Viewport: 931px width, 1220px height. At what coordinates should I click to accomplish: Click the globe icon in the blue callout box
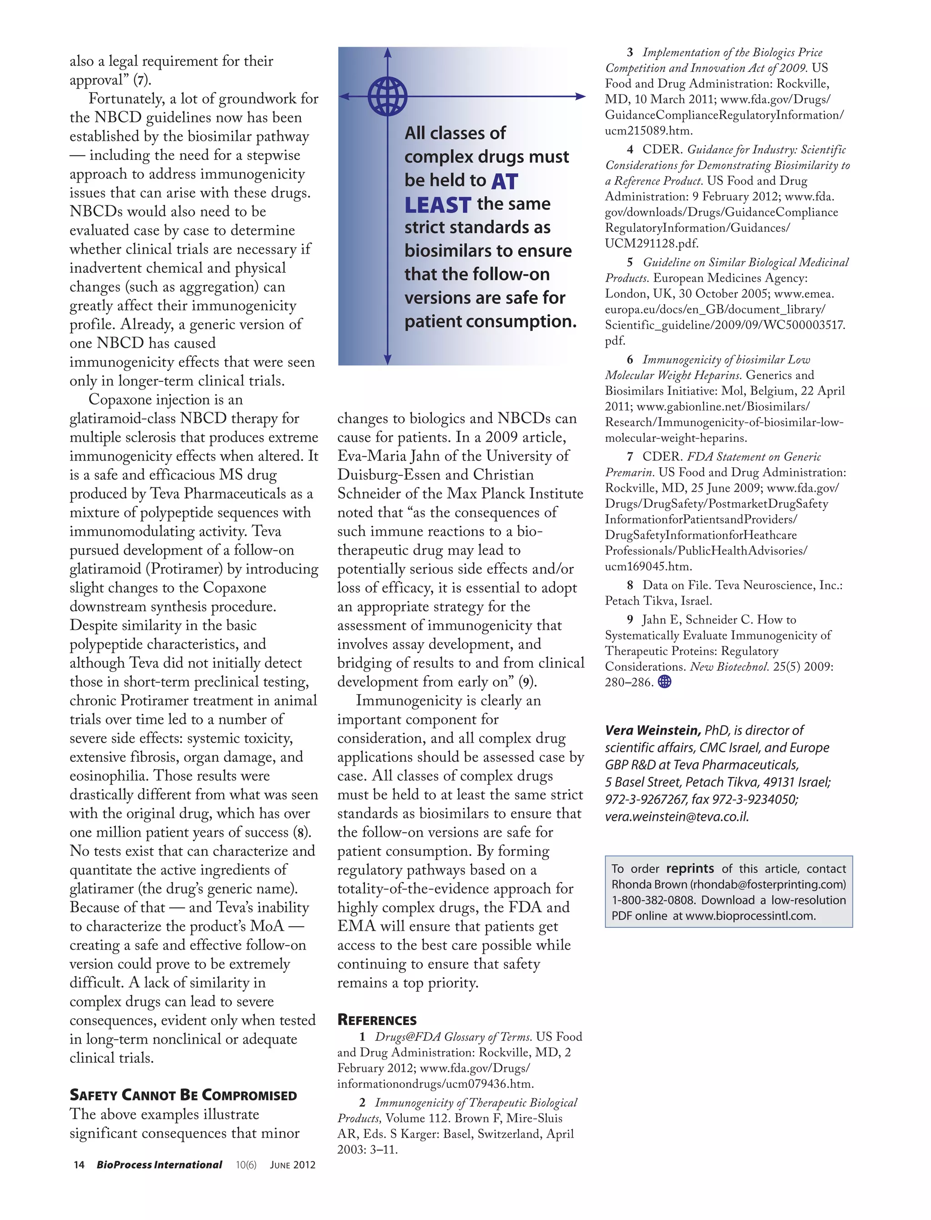tap(387, 96)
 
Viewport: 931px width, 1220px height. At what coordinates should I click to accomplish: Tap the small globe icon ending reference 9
tap(665, 682)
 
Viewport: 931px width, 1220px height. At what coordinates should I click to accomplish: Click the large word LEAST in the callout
tap(437, 205)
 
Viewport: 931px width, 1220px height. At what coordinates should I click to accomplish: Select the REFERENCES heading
tap(377, 1020)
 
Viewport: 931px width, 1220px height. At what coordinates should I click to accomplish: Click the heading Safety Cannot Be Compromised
tap(184, 1095)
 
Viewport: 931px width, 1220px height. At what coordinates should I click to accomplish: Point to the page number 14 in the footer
tap(79, 1165)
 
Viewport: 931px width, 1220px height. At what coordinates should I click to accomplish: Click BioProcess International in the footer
tap(159, 1165)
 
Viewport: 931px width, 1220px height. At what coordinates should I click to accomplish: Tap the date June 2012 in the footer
tap(293, 1165)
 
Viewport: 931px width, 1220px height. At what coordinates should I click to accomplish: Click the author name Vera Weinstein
tap(653, 730)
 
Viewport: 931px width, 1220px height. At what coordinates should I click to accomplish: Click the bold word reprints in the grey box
tap(690, 869)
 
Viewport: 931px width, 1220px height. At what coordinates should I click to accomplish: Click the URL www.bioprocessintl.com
tap(751, 916)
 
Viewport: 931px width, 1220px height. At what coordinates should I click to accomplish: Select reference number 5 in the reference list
tap(630, 263)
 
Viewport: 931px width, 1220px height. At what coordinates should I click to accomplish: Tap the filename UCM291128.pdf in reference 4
tap(652, 243)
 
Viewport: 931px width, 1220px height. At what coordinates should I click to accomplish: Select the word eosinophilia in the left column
tap(109, 775)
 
